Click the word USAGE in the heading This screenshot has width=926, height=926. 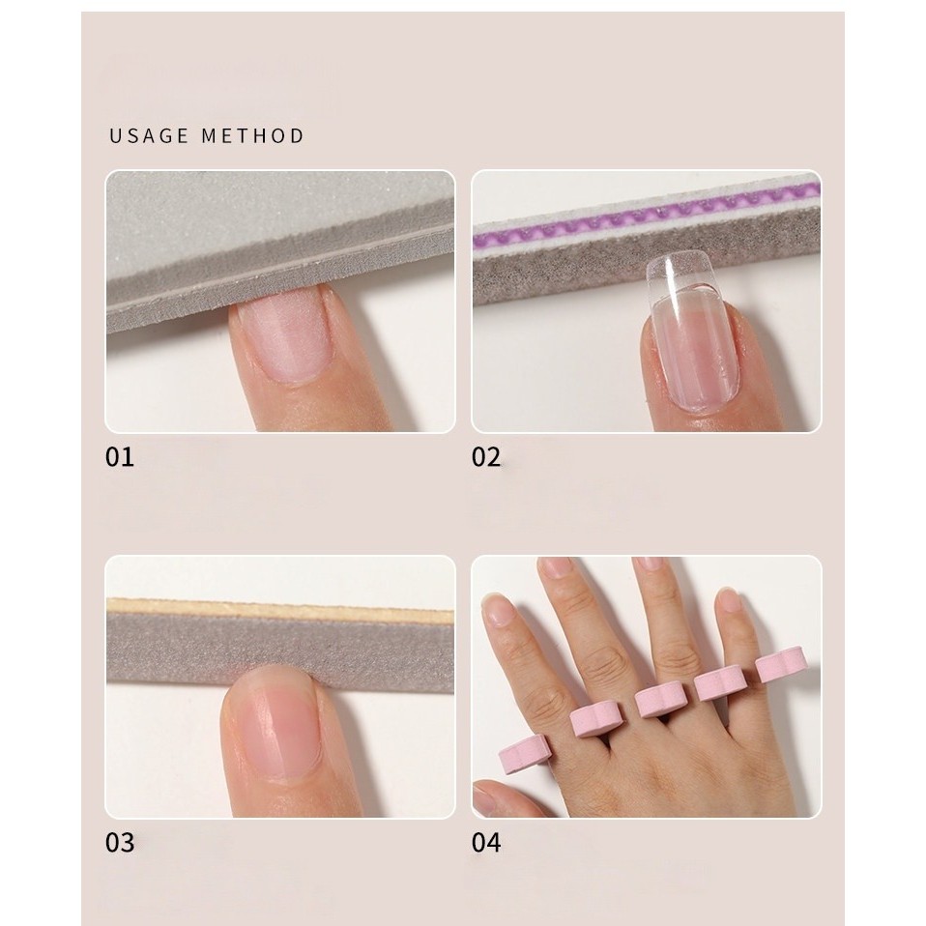(x=150, y=136)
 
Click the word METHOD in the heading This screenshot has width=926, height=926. (x=252, y=136)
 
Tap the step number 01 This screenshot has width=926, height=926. (x=120, y=457)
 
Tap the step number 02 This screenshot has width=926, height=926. (x=486, y=457)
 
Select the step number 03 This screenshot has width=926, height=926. (x=120, y=843)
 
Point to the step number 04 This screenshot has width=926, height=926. (x=486, y=843)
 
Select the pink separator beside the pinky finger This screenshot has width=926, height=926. (x=779, y=663)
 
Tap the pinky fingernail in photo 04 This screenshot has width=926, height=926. (x=729, y=600)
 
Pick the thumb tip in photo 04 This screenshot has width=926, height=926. (x=490, y=795)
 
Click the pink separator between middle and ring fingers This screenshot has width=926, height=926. (x=719, y=682)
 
